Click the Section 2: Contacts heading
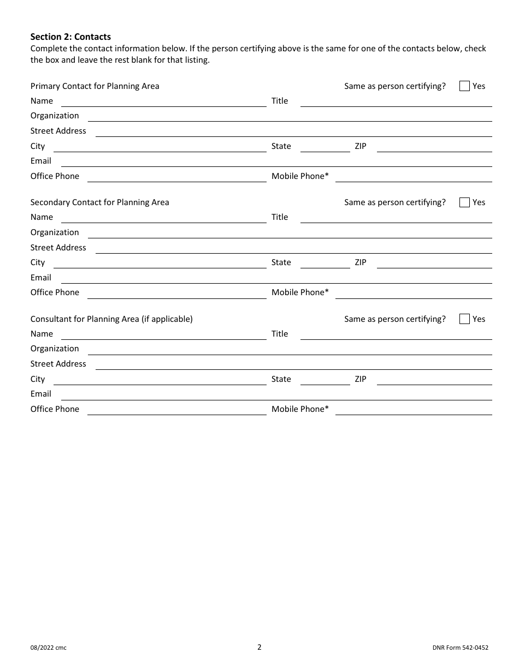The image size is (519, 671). [x=70, y=37]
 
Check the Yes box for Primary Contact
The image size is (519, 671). [x=464, y=86]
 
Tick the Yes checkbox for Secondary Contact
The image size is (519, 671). [x=464, y=202]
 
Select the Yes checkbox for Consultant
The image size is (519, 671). [x=464, y=319]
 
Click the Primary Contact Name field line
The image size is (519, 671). [x=163, y=101]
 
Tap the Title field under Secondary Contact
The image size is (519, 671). [x=396, y=218]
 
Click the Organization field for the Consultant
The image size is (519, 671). [x=290, y=349]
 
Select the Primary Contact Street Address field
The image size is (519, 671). [x=293, y=131]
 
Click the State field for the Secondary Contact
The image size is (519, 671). [x=325, y=263]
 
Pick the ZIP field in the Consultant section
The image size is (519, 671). [x=434, y=380]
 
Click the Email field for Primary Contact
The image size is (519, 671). [x=276, y=161]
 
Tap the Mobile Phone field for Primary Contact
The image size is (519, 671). [x=414, y=177]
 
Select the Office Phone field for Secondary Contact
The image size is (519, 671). [x=176, y=293]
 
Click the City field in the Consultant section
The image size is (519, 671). [x=160, y=380]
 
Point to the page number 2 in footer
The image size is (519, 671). [x=259, y=647]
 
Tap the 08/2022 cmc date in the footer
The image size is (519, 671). [x=49, y=648]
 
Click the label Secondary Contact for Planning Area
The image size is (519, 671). [x=100, y=202]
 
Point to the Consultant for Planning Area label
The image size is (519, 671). [x=111, y=319]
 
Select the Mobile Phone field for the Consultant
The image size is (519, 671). [x=414, y=410]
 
